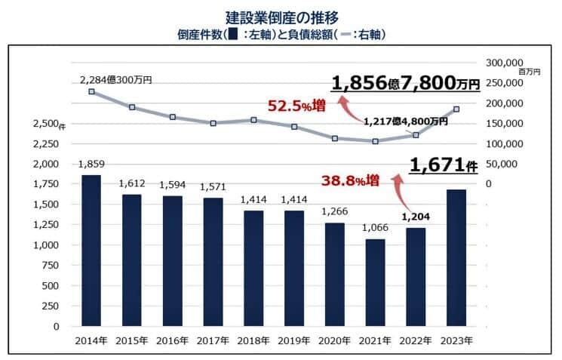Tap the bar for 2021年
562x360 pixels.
[x=375, y=282]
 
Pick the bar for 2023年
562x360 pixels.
[x=456, y=257]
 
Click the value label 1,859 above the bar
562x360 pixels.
[x=91, y=164]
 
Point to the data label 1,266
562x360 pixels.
[x=334, y=212]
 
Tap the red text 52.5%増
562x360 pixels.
[x=297, y=106]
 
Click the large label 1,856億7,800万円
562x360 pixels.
[x=405, y=85]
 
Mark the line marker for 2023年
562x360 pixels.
[x=456, y=109]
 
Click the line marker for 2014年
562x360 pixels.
[x=91, y=91]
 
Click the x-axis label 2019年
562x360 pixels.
[x=293, y=341]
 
